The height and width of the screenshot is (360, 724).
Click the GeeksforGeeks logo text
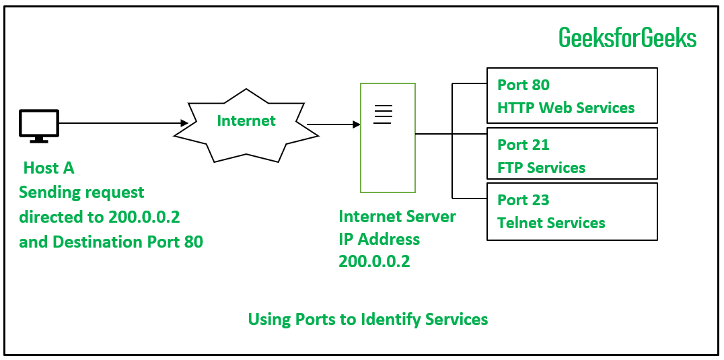(x=627, y=38)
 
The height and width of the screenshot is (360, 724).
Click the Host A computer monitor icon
(x=39, y=125)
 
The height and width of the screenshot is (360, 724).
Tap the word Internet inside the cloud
(x=246, y=121)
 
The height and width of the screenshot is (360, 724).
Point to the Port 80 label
(x=523, y=85)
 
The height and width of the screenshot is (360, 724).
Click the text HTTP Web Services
(x=566, y=108)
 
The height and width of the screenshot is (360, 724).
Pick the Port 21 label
(x=523, y=145)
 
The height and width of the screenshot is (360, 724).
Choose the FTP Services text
(x=541, y=168)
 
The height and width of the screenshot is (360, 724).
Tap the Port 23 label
(x=523, y=200)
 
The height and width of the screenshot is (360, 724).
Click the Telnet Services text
(x=551, y=223)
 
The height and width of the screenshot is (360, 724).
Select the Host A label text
(x=49, y=168)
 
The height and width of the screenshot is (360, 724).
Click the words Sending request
(x=81, y=192)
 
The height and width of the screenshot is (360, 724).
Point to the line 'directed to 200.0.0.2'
(x=100, y=217)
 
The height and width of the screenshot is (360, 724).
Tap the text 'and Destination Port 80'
(x=111, y=241)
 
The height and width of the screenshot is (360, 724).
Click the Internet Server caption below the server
(x=397, y=217)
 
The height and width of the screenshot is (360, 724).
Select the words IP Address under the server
(x=379, y=239)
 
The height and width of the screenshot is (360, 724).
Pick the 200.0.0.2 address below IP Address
(x=374, y=262)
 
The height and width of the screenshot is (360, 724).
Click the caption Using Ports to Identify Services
(x=368, y=319)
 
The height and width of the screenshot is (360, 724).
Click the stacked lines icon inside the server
(x=382, y=114)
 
